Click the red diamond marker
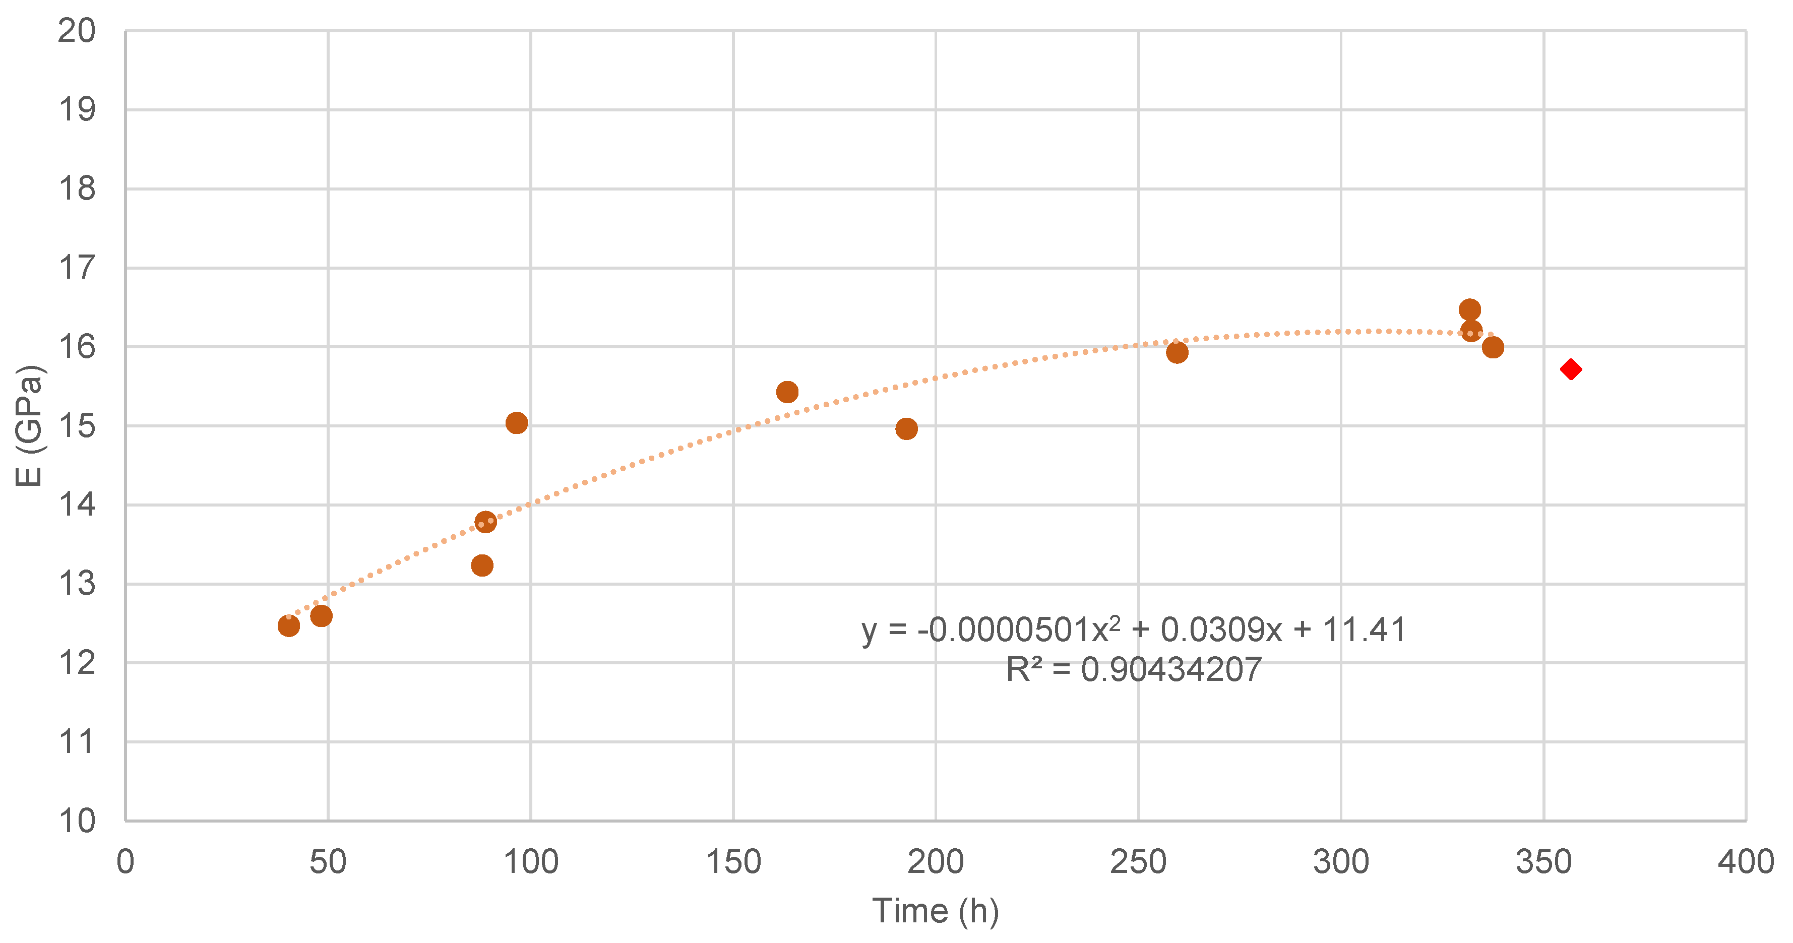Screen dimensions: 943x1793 [1570, 369]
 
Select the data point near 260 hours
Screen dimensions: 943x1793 [1177, 352]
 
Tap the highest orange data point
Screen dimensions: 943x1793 [1469, 309]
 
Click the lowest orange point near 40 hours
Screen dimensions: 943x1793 [288, 625]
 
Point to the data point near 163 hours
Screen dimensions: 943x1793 [786, 392]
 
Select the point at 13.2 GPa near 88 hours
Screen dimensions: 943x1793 [482, 565]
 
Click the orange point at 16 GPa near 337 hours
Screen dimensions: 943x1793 [1492, 347]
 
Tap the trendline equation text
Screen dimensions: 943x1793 [1133, 630]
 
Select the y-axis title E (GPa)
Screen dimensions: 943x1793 [29, 425]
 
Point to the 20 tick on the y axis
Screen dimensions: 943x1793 [77, 31]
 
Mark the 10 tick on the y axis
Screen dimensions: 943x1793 [77, 821]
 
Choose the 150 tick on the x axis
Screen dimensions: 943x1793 [733, 862]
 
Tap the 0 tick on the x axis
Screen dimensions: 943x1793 [126, 862]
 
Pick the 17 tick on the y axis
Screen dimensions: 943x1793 [77, 268]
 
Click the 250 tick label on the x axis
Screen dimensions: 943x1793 [1138, 862]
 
